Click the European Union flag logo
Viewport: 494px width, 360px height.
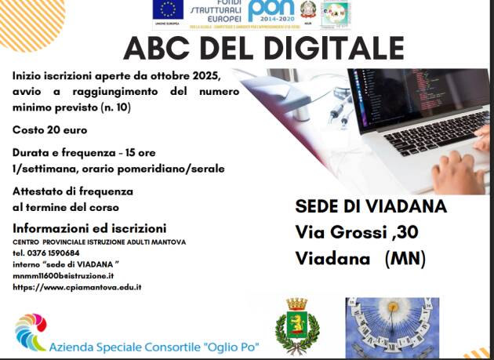point(166,9)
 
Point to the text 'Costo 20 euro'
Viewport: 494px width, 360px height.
point(49,129)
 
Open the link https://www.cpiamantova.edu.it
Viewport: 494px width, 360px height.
point(77,287)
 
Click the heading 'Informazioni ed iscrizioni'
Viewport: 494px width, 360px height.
point(89,228)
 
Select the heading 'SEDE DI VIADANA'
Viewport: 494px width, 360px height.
point(371,207)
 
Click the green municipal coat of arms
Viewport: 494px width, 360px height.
point(296,325)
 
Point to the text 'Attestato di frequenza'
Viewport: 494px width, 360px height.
point(73,191)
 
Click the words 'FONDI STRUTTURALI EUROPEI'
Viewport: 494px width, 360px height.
point(216,11)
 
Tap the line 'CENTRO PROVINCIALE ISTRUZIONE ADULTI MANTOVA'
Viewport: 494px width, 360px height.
point(99,242)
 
